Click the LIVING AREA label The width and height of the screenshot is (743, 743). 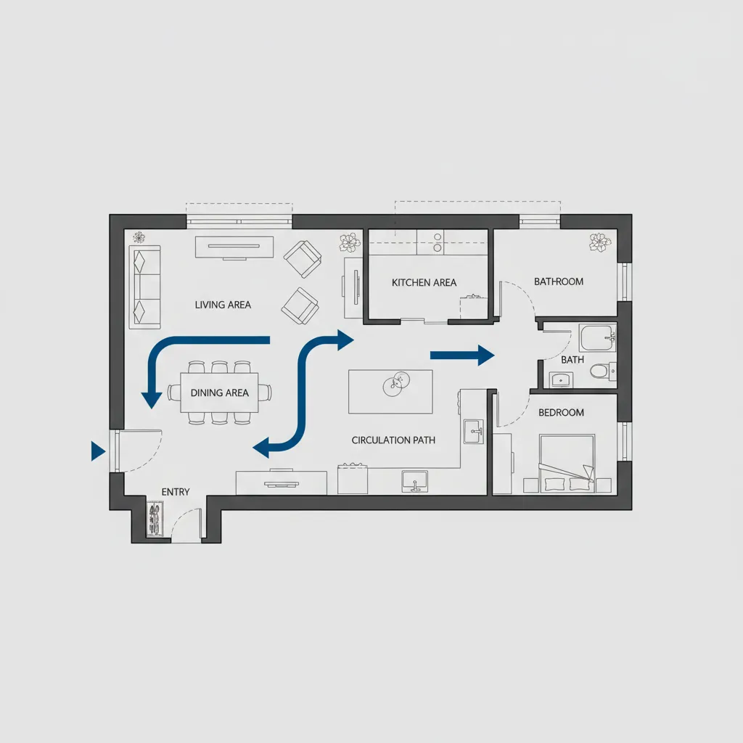pyautogui.click(x=223, y=305)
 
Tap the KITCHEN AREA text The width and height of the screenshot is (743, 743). pyautogui.click(x=424, y=282)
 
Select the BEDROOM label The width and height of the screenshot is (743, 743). pyautogui.click(x=561, y=412)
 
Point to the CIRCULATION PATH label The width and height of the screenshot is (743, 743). pyautogui.click(x=393, y=440)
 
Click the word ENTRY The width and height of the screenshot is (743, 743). pyautogui.click(x=176, y=492)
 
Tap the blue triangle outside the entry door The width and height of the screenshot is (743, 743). pyautogui.click(x=98, y=451)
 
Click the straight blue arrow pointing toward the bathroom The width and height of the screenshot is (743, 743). pyautogui.click(x=462, y=356)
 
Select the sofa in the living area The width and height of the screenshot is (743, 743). pyautogui.click(x=145, y=287)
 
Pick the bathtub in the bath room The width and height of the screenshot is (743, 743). pyautogui.click(x=598, y=338)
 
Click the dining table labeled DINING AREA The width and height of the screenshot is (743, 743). pyautogui.click(x=219, y=393)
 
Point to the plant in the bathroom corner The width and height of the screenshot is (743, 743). pyautogui.click(x=599, y=242)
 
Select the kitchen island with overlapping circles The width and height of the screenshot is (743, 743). pyautogui.click(x=390, y=392)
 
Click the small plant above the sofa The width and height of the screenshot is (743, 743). pyautogui.click(x=139, y=237)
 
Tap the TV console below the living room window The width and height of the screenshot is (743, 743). pyautogui.click(x=234, y=247)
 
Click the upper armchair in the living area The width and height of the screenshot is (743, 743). pyautogui.click(x=303, y=259)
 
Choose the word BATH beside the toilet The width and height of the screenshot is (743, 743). pyautogui.click(x=572, y=360)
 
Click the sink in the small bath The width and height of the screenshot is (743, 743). pyautogui.click(x=561, y=380)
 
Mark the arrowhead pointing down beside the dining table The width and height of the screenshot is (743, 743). pyautogui.click(x=152, y=401)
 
